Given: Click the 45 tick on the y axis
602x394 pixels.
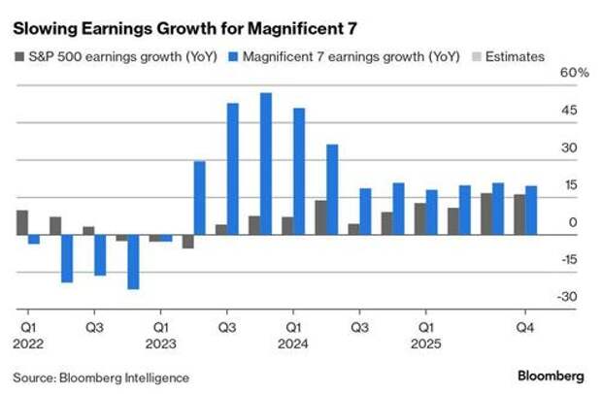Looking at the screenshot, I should click(x=571, y=111).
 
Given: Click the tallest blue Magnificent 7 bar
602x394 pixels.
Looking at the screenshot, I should click(x=266, y=164).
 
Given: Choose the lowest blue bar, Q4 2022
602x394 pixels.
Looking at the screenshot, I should click(x=133, y=262).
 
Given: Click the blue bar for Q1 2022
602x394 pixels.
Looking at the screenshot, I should click(x=34, y=239).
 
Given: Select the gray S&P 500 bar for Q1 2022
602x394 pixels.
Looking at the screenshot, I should click(x=22, y=222).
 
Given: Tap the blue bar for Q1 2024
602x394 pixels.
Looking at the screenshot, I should click(x=299, y=172).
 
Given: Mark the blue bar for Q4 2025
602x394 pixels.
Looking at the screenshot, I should click(x=531, y=211).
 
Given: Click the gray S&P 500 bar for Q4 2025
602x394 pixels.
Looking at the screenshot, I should click(x=519, y=214).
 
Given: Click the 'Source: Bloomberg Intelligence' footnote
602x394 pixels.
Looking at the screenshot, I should click(x=101, y=377).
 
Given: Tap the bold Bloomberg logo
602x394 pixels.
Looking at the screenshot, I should click(x=550, y=376).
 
